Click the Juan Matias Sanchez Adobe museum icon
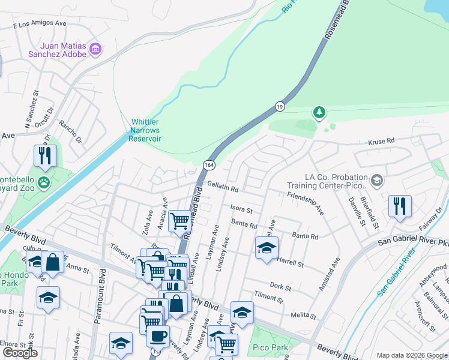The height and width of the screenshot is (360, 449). (x=95, y=49)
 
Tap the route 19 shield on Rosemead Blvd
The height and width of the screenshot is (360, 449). (x=280, y=106)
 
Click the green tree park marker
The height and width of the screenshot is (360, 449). (x=319, y=112)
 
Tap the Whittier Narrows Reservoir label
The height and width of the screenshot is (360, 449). (x=146, y=130)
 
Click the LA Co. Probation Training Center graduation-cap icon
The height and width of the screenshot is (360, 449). (x=376, y=181)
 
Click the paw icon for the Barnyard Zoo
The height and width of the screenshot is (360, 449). (x=43, y=182)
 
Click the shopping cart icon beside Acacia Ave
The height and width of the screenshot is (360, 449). (x=179, y=221)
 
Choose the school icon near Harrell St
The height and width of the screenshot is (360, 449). (x=267, y=248)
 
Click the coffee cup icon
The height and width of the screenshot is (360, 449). (x=158, y=337)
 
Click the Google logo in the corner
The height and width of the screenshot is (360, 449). (x=20, y=353)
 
